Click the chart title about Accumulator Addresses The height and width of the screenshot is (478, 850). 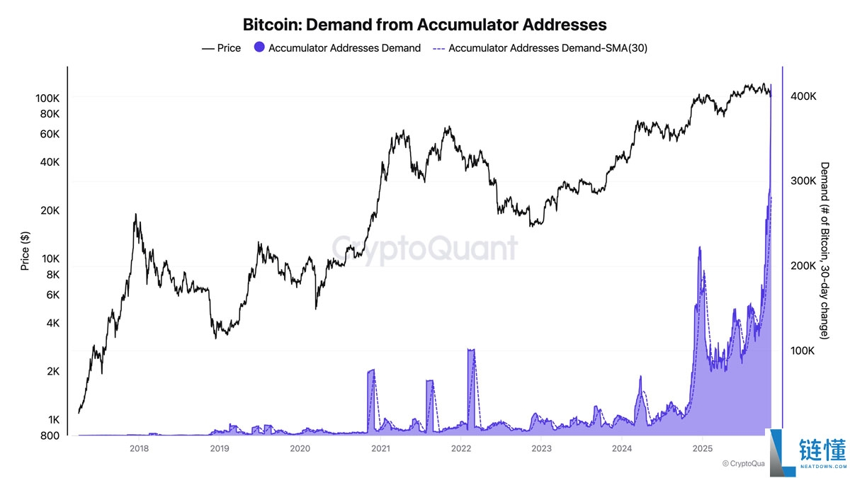(425, 25)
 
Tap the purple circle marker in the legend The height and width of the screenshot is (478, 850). (259, 48)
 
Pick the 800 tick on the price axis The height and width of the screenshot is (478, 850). (50, 436)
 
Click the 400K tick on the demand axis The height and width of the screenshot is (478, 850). (803, 96)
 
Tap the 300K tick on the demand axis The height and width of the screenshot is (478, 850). (803, 181)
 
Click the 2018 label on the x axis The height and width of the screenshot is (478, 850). (139, 448)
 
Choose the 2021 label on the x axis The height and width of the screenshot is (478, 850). (380, 448)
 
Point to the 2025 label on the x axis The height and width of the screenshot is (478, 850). (702, 448)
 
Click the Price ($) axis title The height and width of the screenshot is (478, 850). (25, 251)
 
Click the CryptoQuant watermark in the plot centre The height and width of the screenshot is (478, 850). (425, 249)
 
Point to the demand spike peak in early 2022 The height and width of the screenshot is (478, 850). (471, 349)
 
